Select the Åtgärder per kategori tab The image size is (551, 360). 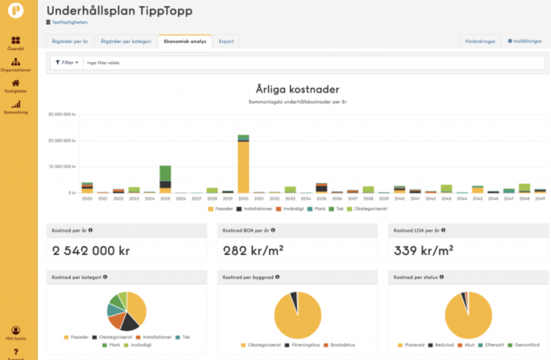pos(126,41)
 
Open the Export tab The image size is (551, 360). pos(226,41)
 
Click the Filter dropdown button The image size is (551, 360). pos(67,62)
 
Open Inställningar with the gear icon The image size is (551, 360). pos(525,41)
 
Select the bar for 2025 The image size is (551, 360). pos(165,179)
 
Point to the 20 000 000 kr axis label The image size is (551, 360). pos(63,140)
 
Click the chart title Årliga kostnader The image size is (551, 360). pos(298,90)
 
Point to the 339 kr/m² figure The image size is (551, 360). pos(423,250)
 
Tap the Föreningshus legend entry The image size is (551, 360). pos(304,345)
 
